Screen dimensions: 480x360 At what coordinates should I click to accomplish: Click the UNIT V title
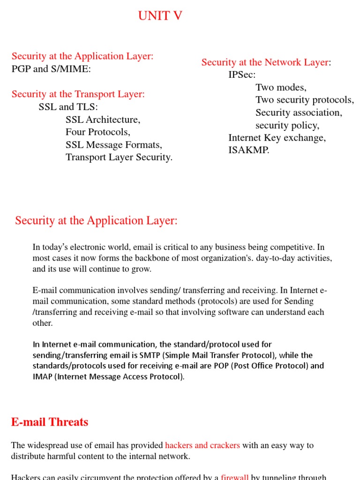pyautogui.click(x=160, y=16)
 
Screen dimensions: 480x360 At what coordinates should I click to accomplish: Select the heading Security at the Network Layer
pyautogui.click(x=265, y=62)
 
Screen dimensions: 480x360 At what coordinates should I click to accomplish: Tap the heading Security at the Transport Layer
pyautogui.click(x=78, y=94)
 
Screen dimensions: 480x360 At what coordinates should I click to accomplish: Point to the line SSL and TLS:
pyautogui.click(x=68, y=107)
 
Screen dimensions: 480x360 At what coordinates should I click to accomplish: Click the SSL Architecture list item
pyautogui.click(x=103, y=120)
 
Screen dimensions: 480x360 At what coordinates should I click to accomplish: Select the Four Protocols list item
pyautogui.click(x=98, y=132)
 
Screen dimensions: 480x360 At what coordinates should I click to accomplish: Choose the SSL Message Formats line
pyautogui.click(x=114, y=145)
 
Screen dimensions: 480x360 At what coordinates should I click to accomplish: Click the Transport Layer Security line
pyautogui.click(x=119, y=157)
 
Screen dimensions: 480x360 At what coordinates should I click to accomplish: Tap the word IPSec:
pyautogui.click(x=242, y=75)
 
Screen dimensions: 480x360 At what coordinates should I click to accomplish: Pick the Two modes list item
pyautogui.click(x=281, y=88)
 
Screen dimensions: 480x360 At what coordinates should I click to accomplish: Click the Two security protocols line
pyautogui.click(x=305, y=100)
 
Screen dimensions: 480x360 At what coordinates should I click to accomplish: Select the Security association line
pyautogui.click(x=299, y=113)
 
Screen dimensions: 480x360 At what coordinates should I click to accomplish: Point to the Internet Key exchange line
pyautogui.click(x=277, y=138)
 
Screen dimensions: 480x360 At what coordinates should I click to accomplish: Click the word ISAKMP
pyautogui.click(x=248, y=150)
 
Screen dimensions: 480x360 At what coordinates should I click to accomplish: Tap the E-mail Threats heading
pyautogui.click(x=50, y=422)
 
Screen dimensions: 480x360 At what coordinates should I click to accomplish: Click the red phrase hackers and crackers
pyautogui.click(x=202, y=445)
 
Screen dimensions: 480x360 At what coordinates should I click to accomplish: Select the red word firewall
pyautogui.click(x=235, y=477)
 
